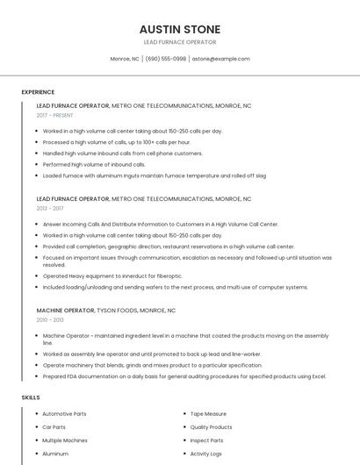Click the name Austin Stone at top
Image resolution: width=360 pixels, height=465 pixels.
pyautogui.click(x=179, y=29)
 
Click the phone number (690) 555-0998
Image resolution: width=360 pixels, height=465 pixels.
pyautogui.click(x=166, y=59)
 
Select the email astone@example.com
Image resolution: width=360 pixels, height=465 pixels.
pyautogui.click(x=220, y=59)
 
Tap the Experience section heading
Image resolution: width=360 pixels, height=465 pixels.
pyautogui.click(x=38, y=92)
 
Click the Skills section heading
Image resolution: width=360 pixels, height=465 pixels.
pyautogui.click(x=31, y=397)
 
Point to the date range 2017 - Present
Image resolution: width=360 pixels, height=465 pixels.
pyautogui.click(x=55, y=115)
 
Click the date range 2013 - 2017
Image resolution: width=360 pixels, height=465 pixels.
pyautogui.click(x=50, y=209)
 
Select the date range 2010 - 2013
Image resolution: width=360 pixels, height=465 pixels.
pyautogui.click(x=50, y=320)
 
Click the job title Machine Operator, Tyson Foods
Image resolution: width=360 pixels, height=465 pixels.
pyautogui.click(x=106, y=311)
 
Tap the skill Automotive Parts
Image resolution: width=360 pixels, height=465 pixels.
pyautogui.click(x=64, y=413)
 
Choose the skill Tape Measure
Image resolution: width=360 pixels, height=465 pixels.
pyautogui.click(x=208, y=413)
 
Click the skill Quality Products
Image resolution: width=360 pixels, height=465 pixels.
pyautogui.click(x=212, y=426)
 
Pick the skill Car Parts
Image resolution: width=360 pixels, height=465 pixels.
pyautogui.click(x=54, y=426)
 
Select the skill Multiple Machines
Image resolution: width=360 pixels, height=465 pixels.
pyautogui.click(x=65, y=440)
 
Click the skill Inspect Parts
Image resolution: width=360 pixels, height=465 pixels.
pyautogui.click(x=206, y=440)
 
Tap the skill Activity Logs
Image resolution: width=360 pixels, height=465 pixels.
pyautogui.click(x=206, y=454)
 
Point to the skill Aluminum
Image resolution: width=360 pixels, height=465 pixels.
pyautogui.click(x=55, y=454)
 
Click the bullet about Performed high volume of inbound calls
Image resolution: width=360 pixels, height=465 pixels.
pyautogui.click(x=94, y=164)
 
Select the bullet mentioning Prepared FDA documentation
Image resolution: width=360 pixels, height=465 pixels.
pyautogui.click(x=184, y=376)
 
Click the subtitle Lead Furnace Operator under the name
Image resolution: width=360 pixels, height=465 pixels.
pyautogui.click(x=179, y=42)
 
